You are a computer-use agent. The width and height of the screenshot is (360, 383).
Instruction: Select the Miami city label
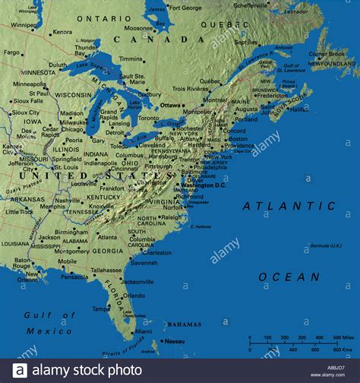tap(143, 331)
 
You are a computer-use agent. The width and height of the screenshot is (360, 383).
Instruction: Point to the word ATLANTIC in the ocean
tap(289, 206)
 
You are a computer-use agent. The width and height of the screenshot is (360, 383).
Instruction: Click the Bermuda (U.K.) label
tap(326, 245)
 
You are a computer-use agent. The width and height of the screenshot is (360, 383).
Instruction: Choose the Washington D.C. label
tap(204, 185)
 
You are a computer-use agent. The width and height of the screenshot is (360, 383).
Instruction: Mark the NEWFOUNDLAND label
tap(332, 64)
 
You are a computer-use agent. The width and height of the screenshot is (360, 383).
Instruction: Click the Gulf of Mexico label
tap(48, 323)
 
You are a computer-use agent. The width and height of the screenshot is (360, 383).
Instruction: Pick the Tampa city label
tap(101, 309)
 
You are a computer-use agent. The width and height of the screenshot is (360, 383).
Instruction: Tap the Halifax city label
tap(298, 109)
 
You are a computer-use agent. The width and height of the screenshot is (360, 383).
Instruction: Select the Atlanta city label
tap(107, 236)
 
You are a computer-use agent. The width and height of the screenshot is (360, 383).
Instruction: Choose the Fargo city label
tap(11, 52)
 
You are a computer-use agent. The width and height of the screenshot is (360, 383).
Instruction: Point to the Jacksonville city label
tap(138, 281)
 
